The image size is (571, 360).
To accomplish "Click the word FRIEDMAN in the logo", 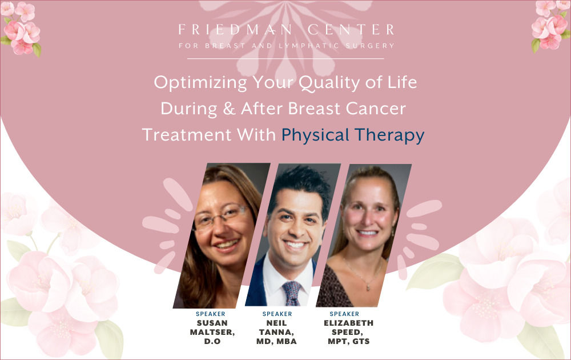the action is coord(235,30).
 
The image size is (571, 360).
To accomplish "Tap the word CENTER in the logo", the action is coord(351,30).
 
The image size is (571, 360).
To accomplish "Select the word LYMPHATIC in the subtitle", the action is coord(309,46).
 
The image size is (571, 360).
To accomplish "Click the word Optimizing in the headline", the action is coord(200,83).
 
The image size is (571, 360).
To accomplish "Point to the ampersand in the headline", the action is coord(229,109).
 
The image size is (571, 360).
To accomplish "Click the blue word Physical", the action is coord(315,135).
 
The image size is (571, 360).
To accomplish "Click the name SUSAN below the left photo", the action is coord(212,323).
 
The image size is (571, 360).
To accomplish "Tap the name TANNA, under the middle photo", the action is coord(276,333).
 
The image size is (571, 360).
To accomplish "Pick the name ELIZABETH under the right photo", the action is coord(348,323).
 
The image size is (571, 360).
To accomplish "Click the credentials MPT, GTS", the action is coord(348,341).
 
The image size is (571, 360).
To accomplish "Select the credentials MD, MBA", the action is coord(276,341).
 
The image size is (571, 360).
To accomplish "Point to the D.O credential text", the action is coord(212,341).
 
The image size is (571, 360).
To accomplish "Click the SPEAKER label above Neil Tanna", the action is coord(277,314).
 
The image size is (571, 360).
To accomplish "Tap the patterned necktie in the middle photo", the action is coord(292,293).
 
